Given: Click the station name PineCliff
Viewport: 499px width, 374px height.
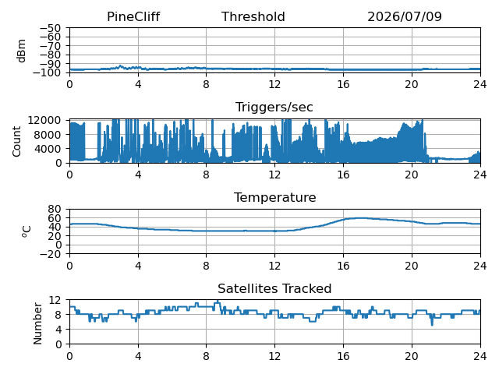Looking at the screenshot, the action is (133, 17).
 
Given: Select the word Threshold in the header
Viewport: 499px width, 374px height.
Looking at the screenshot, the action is (253, 17).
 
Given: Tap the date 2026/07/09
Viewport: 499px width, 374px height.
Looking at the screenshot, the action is (405, 17).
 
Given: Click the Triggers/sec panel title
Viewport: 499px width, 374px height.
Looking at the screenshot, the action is (274, 108).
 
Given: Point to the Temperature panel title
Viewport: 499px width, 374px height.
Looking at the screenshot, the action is (275, 197).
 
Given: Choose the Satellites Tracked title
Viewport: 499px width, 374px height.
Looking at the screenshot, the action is (274, 288).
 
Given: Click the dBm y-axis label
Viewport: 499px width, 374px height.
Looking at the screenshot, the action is (21, 51).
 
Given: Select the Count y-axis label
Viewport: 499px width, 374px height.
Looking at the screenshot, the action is (16, 142).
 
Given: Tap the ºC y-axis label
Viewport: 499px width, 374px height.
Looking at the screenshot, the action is (27, 231).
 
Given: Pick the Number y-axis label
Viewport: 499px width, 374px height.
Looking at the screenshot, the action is (37, 323).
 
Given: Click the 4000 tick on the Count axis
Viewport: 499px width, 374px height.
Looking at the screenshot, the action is (48, 149).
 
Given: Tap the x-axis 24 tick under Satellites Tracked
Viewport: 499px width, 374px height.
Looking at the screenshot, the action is (480, 355).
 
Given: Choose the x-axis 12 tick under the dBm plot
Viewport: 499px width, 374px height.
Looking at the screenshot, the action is (274, 84).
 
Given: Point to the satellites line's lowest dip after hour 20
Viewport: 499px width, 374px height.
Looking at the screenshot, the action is (432, 324).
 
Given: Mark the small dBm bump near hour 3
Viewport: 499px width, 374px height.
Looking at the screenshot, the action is (120, 65).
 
